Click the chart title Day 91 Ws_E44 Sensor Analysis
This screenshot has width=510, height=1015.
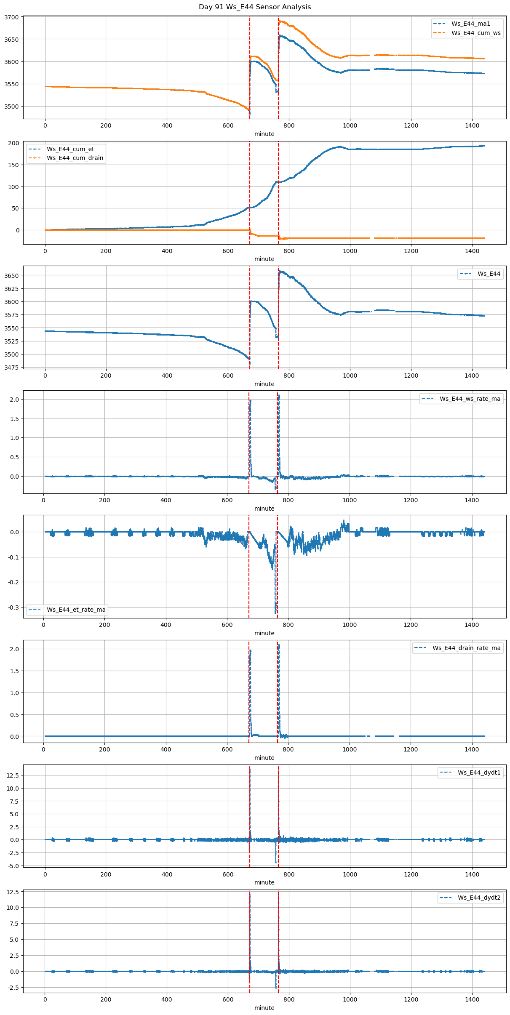click(x=255, y=7)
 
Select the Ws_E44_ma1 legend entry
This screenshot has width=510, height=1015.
click(x=470, y=24)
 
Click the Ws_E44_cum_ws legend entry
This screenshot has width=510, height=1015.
click(x=476, y=33)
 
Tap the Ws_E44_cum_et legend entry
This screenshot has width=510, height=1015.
click(x=70, y=149)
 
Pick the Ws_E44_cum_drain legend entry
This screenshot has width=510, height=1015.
click(x=75, y=158)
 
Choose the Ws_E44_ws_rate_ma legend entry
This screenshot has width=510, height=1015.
click(x=470, y=399)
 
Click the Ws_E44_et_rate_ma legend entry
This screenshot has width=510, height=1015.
click(x=76, y=610)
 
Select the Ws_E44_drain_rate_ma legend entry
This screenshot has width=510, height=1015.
click(x=467, y=648)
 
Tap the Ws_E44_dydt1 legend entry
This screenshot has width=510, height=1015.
click(x=479, y=773)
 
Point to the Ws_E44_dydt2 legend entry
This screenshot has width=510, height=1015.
click(x=479, y=898)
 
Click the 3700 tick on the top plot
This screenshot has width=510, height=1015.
click(x=11, y=17)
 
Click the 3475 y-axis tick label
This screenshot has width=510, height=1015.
click(x=11, y=368)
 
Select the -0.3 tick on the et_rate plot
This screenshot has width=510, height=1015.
click(x=13, y=607)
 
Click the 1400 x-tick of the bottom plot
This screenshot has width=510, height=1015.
click(x=472, y=999)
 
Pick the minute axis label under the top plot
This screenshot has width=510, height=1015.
click(x=264, y=134)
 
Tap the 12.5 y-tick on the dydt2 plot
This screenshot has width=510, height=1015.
click(x=13, y=892)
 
